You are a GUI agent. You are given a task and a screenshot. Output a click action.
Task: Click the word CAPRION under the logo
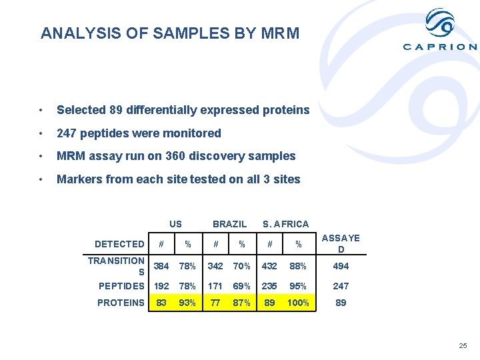(x=440, y=47)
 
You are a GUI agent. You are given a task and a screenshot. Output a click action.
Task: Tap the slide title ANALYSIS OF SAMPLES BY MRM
(x=170, y=33)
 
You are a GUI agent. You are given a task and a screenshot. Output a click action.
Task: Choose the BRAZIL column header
(x=229, y=224)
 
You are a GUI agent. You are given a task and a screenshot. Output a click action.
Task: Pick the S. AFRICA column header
(x=285, y=224)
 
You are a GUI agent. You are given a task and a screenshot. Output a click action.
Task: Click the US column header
(x=175, y=224)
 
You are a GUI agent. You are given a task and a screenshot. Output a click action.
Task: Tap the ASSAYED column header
(x=341, y=243)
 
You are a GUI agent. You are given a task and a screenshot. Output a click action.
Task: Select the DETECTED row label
(x=119, y=244)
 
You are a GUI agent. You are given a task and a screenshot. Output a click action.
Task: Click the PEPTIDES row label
(x=121, y=286)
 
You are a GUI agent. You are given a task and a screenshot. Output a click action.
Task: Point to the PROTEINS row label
(x=121, y=303)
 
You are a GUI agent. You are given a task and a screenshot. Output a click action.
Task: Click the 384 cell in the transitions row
(x=161, y=266)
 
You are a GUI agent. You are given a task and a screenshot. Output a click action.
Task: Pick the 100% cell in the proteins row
(x=299, y=303)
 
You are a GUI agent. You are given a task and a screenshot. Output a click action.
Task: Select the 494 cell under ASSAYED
(x=341, y=266)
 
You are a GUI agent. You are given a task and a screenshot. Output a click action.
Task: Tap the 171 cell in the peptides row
(x=215, y=286)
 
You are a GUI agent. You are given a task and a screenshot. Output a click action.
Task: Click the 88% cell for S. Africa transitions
(x=298, y=266)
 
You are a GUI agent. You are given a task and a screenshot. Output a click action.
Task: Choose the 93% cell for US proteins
(x=188, y=303)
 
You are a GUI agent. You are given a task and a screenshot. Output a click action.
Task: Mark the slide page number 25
(x=463, y=346)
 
